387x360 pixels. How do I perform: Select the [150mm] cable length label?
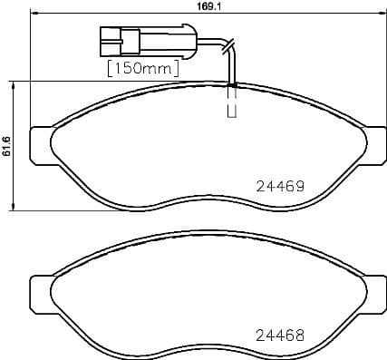142,67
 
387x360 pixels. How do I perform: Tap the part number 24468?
276,333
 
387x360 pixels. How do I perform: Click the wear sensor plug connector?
118,40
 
